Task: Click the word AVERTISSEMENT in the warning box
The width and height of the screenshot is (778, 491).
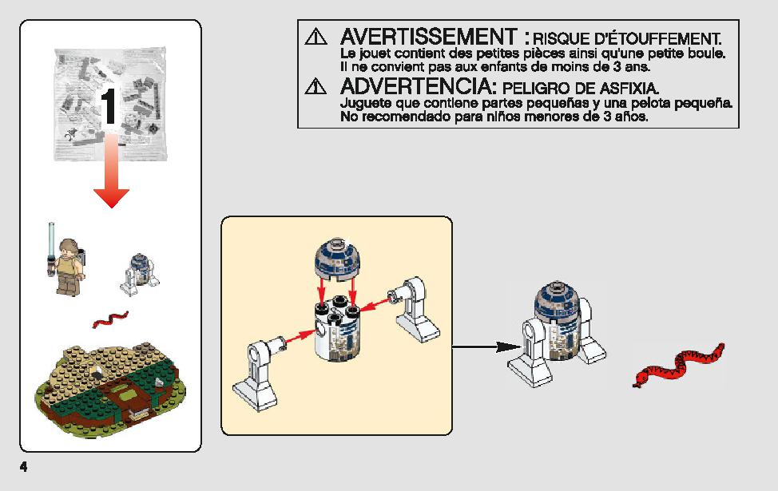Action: (x=429, y=37)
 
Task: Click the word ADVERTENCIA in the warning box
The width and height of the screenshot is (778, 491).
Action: (x=419, y=87)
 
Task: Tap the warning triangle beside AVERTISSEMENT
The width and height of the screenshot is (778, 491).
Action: (x=316, y=37)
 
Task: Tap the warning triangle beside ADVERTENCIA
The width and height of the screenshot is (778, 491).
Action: (x=316, y=85)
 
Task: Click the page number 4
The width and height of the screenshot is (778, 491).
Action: (x=23, y=467)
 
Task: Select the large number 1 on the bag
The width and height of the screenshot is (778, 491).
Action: (x=109, y=106)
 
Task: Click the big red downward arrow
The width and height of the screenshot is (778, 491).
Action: (x=112, y=171)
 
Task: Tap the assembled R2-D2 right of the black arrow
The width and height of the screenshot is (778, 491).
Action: (x=556, y=333)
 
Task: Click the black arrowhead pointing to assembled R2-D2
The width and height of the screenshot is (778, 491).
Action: (x=508, y=346)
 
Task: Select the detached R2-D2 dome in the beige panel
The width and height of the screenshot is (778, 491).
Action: (x=337, y=258)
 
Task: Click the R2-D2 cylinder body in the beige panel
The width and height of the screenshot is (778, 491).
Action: (x=336, y=328)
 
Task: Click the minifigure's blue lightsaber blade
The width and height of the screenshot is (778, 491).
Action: (x=50, y=238)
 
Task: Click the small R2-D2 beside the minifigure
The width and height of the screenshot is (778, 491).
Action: (x=139, y=275)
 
